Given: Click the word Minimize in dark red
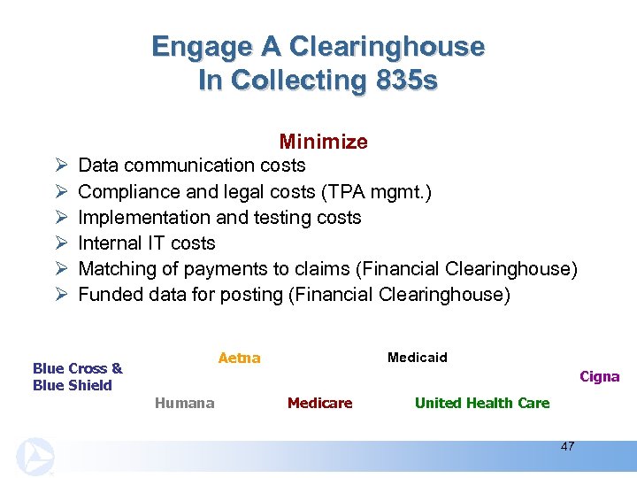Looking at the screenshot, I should tap(323, 142).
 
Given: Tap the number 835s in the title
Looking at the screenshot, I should tap(404, 80).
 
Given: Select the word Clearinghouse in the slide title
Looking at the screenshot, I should tap(385, 46).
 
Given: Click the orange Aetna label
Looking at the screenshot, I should tap(239, 358).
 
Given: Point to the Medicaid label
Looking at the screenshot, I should tap(418, 358).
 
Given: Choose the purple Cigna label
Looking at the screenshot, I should tap(599, 376).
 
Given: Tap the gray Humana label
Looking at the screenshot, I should tap(184, 403).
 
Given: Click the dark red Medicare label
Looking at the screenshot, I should tap(319, 403).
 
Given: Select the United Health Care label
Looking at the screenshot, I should tap(482, 403).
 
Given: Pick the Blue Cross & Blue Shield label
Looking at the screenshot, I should tap(77, 376).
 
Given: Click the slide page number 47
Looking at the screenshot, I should tap(567, 446).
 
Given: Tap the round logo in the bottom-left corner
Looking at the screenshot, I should tap(35, 457).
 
